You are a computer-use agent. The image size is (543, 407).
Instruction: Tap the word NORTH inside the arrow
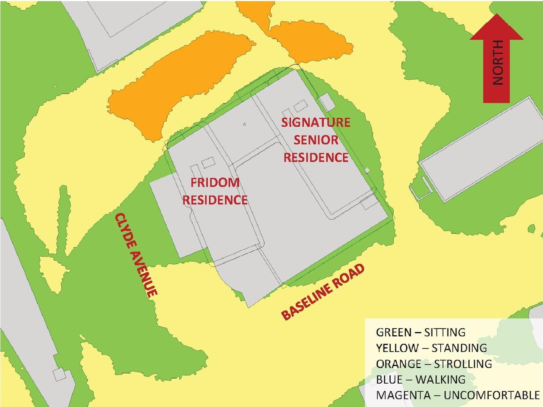(497, 63)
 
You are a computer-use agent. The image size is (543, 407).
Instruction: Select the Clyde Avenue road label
(136, 254)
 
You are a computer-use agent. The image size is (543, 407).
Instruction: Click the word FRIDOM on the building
(215, 183)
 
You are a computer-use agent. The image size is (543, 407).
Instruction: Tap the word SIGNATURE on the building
(316, 123)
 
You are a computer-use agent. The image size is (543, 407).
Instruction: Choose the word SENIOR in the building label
(316, 140)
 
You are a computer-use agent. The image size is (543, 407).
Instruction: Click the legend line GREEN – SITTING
(420, 332)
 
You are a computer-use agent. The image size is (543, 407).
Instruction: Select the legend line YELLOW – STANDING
(431, 348)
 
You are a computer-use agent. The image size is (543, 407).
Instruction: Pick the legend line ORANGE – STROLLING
(434, 364)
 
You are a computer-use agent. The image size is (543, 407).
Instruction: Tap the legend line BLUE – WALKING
(420, 379)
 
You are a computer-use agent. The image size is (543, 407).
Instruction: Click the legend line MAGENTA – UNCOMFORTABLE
(457, 395)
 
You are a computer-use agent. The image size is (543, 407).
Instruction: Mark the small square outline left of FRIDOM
(208, 162)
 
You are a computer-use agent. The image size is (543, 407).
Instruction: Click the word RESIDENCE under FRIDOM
(215, 200)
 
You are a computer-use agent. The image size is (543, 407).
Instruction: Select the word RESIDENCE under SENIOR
(316, 158)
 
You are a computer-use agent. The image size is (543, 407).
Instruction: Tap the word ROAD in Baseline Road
(350, 276)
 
